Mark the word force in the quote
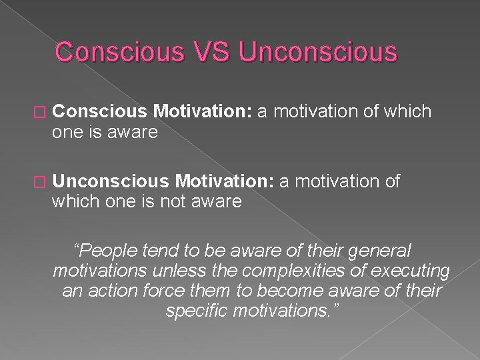pyautogui.click(x=161, y=291)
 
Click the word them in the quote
pyautogui.click(x=207, y=291)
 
